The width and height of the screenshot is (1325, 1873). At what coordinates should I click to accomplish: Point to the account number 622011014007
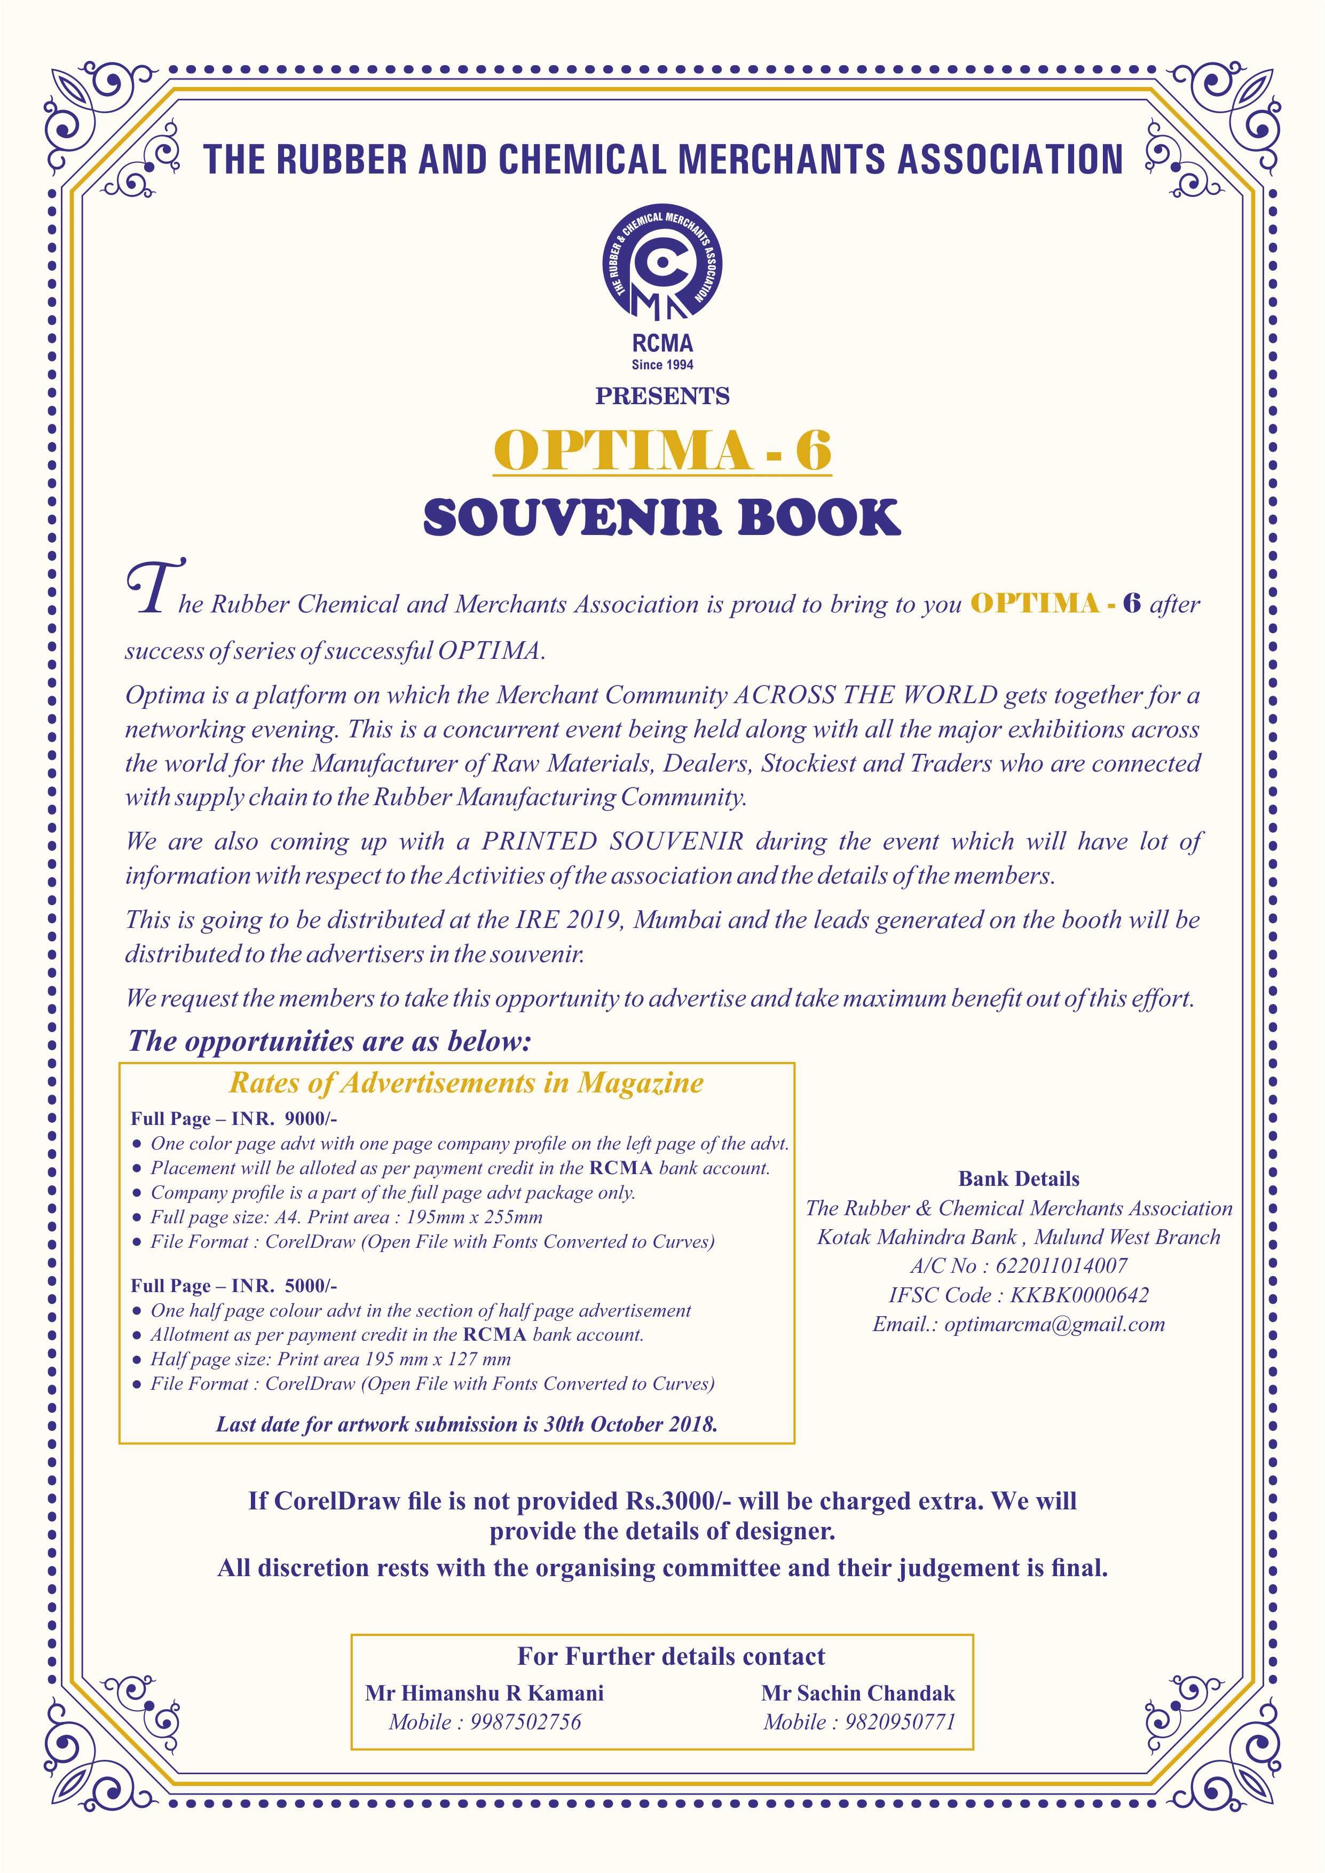[x=1061, y=1265]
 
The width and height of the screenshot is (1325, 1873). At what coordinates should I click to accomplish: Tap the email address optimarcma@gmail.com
[x=1054, y=1324]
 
